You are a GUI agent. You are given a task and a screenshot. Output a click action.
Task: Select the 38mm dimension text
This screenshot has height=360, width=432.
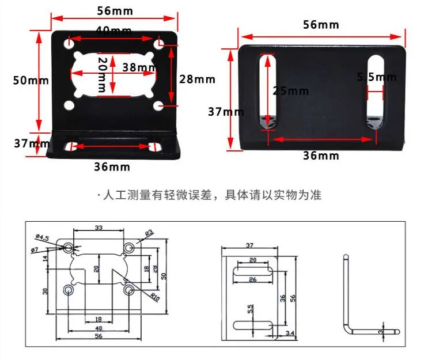pos(139,67)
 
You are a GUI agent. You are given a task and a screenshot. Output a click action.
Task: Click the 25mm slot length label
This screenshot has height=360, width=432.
pos(291,91)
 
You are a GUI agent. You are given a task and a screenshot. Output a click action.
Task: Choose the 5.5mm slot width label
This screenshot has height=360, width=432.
pos(376,77)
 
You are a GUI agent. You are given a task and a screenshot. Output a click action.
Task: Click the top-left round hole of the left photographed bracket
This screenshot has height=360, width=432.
pos(69,43)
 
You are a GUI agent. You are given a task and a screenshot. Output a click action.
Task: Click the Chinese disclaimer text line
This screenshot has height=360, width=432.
pos(211,195)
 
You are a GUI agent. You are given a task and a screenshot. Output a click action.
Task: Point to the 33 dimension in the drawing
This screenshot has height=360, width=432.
pos(98,228)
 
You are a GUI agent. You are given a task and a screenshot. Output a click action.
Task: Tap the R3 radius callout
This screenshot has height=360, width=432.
pos(149,233)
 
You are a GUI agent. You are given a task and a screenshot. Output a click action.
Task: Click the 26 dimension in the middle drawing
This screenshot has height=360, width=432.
pos(251,280)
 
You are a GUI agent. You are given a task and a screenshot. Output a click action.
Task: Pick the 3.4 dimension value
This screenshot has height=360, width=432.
pos(290,332)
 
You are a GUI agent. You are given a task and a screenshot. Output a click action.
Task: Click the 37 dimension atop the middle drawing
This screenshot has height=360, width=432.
pos(249,245)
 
